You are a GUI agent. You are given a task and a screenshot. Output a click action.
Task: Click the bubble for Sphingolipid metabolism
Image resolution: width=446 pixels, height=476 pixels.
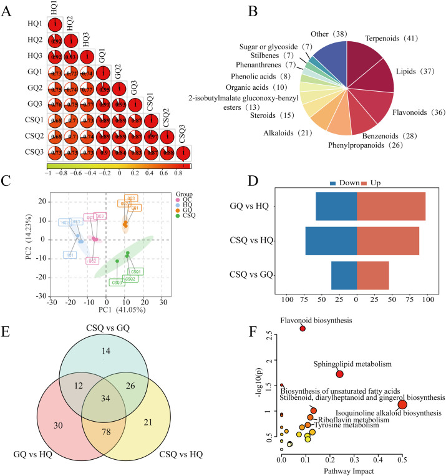tap(340, 374)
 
